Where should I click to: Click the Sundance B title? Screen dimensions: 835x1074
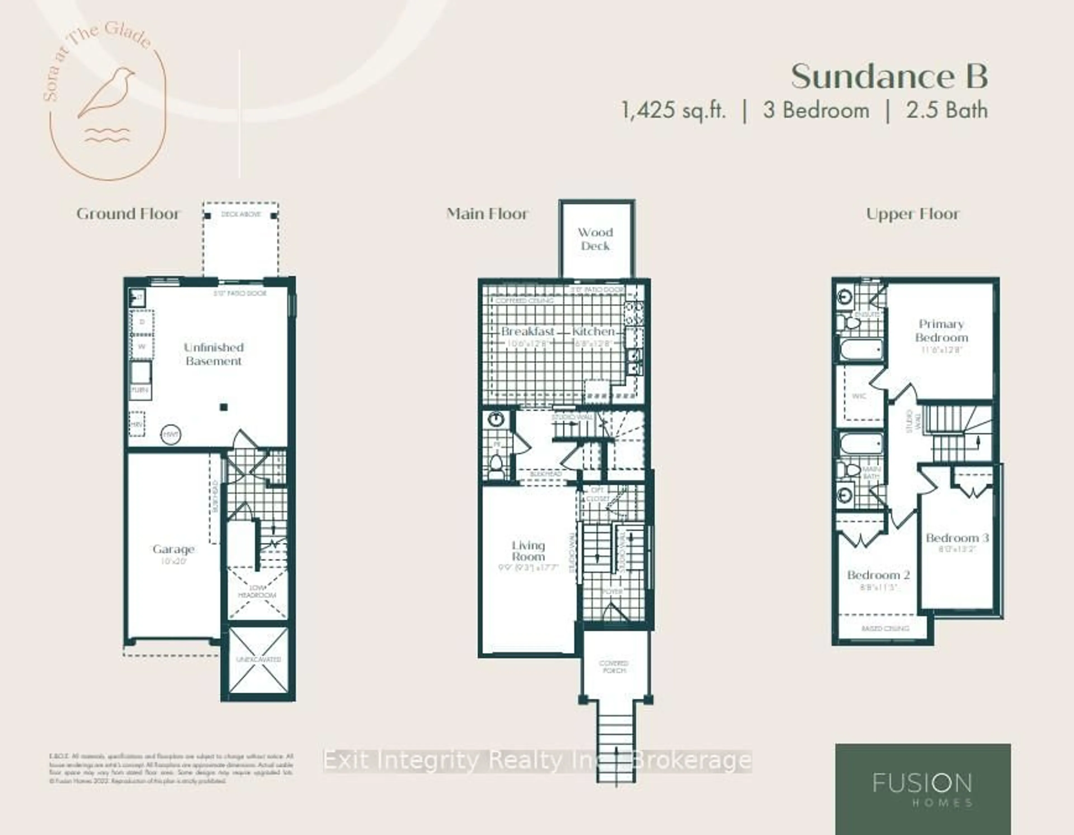[x=889, y=77]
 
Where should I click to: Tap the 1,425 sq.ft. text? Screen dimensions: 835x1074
[x=674, y=110]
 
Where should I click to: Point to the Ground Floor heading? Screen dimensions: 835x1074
[x=128, y=214]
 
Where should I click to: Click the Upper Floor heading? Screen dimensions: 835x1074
[x=912, y=214]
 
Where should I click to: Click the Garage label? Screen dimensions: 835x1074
[x=173, y=549]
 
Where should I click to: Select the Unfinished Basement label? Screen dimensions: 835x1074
[x=213, y=354]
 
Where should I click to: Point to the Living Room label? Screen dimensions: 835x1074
[x=528, y=551]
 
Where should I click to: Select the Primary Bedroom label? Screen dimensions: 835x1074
[x=941, y=331]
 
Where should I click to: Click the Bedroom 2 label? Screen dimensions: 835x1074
[x=878, y=575]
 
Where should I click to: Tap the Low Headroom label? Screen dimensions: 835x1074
[x=257, y=592]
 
